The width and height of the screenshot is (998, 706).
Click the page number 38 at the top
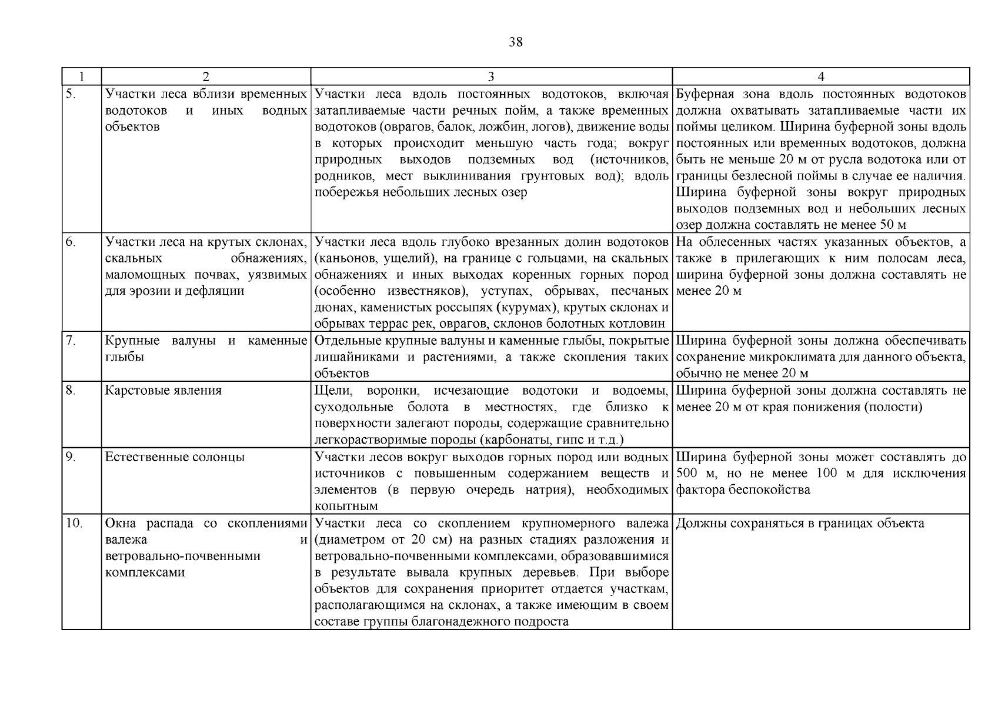point(515,42)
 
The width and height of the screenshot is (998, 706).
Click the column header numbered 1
point(81,76)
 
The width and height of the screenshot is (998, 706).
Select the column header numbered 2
point(205,76)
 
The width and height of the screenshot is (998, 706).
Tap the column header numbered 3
point(491,76)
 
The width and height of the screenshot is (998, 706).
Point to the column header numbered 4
point(820,76)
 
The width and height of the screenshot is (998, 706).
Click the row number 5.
point(70,94)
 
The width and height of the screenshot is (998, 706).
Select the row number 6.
point(70,242)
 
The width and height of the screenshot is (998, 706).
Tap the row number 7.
point(70,341)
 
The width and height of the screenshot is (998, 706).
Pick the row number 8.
point(70,390)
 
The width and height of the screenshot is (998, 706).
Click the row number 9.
point(70,457)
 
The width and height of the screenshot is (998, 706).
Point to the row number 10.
point(73,524)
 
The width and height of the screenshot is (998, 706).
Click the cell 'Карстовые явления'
point(163,391)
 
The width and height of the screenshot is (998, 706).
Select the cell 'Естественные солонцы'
point(175,457)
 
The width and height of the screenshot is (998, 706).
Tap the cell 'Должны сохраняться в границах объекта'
point(800,524)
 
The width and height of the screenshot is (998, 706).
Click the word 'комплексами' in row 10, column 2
point(145,572)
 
